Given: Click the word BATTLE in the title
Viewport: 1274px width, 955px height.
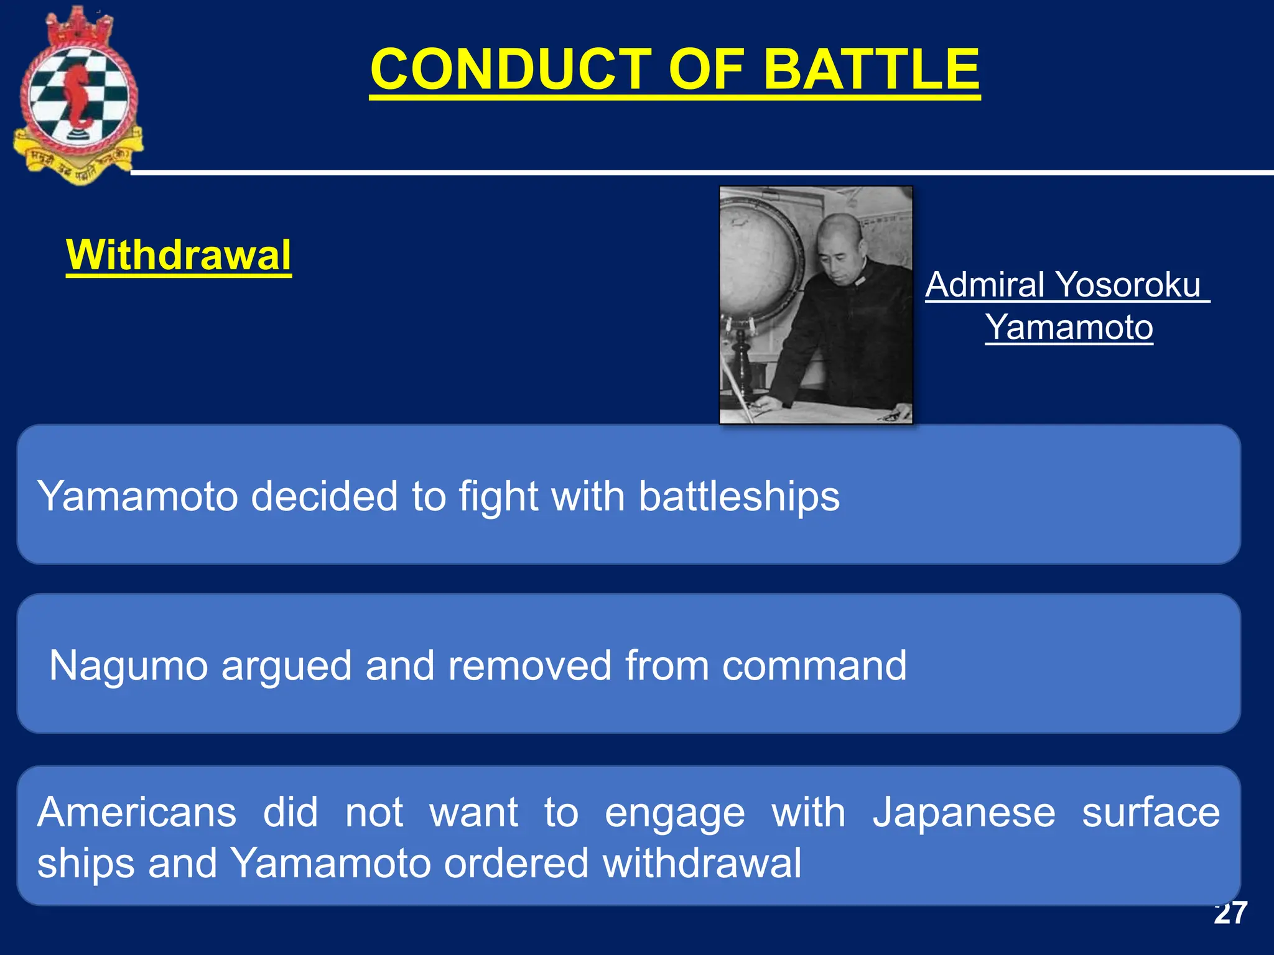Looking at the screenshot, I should coord(871,70).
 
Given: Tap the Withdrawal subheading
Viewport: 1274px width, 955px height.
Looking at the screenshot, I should coord(179,255).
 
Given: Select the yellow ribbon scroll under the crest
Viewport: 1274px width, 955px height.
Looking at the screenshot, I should coord(78,163).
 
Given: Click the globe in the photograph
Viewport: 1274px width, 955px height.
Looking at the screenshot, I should coord(756,255).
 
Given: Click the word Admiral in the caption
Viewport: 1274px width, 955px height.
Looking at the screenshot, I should coord(984,285).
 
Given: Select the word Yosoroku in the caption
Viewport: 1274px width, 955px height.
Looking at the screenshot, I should coord(1128,285).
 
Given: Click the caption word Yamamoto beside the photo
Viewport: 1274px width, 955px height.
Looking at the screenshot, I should coord(1069,327).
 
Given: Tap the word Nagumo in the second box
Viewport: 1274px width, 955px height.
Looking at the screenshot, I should coord(128,665).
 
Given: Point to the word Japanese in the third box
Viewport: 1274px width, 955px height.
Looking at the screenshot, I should coord(964,812).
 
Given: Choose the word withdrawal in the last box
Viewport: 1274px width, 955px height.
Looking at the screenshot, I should coord(702,863).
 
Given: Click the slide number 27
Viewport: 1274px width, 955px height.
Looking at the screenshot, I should coord(1230,913).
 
